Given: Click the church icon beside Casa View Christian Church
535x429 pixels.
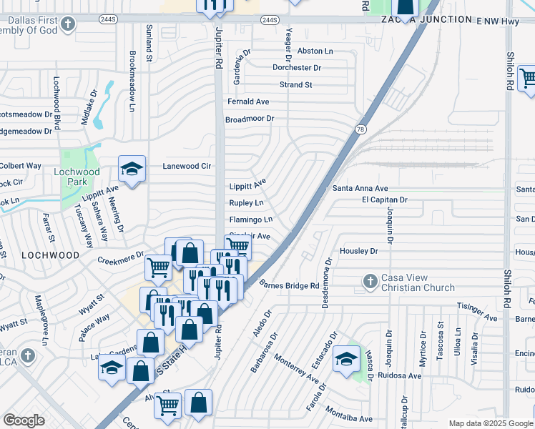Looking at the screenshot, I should coord(370,281).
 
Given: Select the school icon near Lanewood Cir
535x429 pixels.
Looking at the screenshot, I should coord(132,169).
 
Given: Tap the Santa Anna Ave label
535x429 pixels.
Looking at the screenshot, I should coord(360,188).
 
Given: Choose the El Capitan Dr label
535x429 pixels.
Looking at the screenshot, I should coord(384,200).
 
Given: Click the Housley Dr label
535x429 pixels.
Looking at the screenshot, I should coord(358,251).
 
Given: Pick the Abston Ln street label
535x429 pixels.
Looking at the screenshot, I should coord(315,51).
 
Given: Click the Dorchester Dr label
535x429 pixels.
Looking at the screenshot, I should coord(297,68).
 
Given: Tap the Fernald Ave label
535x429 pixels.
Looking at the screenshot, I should coord(248,102).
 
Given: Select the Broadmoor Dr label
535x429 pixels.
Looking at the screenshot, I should coord(250,119).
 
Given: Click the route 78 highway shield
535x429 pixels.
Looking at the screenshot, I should coord(360,129).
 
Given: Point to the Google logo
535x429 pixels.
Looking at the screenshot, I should coord(24,420).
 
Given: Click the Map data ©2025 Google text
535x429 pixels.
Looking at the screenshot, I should coord(489,423).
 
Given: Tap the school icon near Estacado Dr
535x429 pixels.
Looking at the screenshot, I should coord(347,359).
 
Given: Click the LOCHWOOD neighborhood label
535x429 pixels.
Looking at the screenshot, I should coord(50,255).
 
